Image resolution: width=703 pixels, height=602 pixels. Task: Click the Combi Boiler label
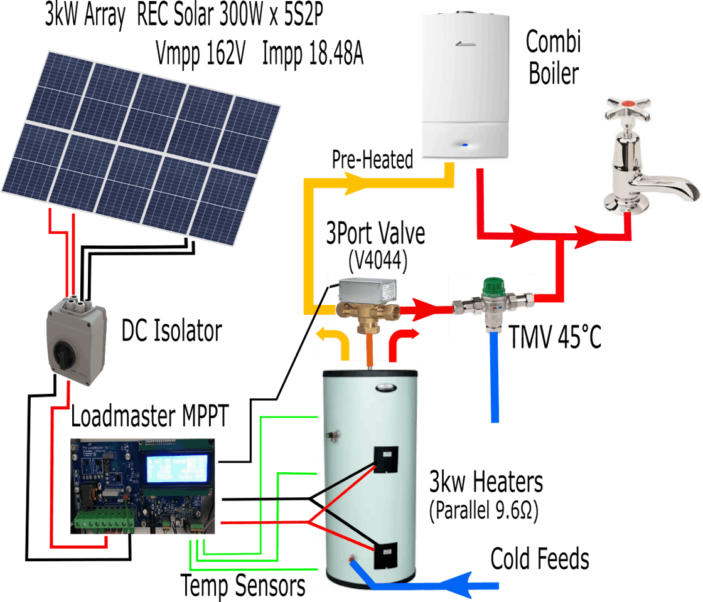[x=553, y=58]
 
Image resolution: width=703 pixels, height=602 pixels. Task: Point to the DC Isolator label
[x=171, y=331]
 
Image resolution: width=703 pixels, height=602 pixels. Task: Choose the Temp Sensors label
[x=243, y=586]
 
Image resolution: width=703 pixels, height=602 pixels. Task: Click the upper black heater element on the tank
[x=387, y=462]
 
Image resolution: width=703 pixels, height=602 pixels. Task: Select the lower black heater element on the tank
[x=386, y=555]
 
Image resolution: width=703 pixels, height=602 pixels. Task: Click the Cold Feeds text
[x=540, y=558]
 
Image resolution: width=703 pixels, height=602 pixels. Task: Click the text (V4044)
[x=375, y=261]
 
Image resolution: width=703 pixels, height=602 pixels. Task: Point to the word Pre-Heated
[x=372, y=160]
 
